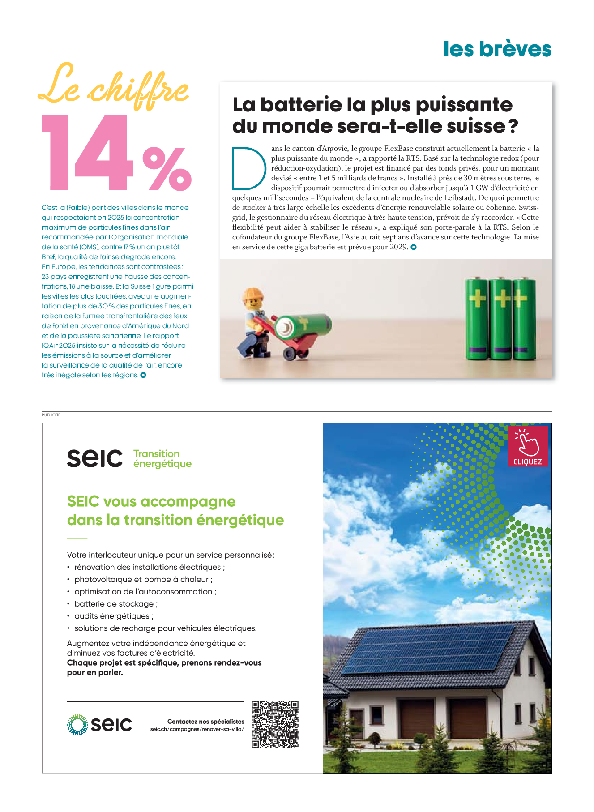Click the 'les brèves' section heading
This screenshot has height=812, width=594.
click(x=497, y=49)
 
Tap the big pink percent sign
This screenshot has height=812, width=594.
click(x=167, y=168)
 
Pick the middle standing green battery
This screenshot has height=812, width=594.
click(x=500, y=319)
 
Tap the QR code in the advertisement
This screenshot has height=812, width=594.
click(x=275, y=724)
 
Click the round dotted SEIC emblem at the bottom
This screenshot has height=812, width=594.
click(x=78, y=724)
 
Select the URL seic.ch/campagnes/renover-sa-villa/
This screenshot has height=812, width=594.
click(x=197, y=729)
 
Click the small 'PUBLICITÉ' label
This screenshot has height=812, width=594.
click(x=51, y=415)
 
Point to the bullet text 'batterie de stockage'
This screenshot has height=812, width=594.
click(x=114, y=604)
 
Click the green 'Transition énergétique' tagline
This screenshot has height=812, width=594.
click(x=162, y=459)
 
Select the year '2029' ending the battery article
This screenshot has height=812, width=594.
click(x=398, y=247)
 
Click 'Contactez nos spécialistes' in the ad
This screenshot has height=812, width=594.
click(x=205, y=722)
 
